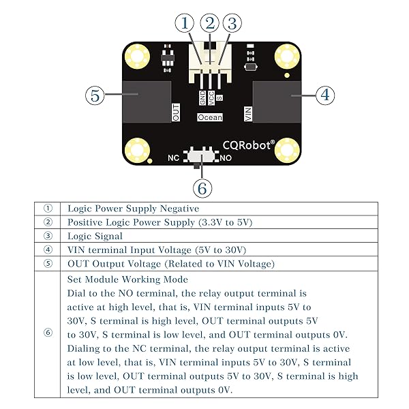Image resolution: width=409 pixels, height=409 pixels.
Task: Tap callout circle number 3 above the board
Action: pos(233,23)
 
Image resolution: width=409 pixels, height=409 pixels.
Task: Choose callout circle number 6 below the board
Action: pos(202,187)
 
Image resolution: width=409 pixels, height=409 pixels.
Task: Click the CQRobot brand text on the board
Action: pos(249,145)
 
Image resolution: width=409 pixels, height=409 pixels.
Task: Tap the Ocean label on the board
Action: pos(209,117)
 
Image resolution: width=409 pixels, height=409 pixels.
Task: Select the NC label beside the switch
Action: pos(175,157)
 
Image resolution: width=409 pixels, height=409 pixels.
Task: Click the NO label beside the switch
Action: pos(227,157)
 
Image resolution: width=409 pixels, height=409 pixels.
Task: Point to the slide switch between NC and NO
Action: pos(200,157)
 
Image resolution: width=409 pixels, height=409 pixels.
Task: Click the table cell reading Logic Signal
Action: pos(95,236)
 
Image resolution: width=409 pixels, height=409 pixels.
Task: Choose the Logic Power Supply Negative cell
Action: pos(132,209)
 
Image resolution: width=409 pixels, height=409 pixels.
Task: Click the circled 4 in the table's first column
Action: pos(47,249)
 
